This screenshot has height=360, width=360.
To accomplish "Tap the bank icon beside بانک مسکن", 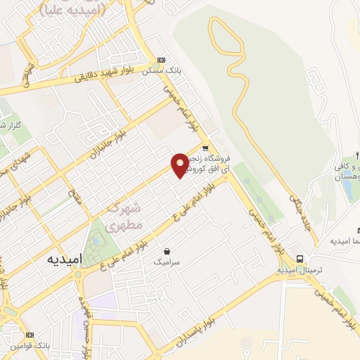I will tap(161, 60).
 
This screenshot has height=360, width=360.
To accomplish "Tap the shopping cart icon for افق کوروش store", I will tap(205, 148).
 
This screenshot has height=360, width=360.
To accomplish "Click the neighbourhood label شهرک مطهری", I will tap(125, 217).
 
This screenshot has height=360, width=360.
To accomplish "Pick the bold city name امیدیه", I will tap(65, 259).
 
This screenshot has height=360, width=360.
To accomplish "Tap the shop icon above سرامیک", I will tap(167, 251).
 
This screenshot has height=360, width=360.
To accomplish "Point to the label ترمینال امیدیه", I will tap(299, 269).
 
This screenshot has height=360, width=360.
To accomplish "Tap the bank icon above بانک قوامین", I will tap(30, 335).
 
